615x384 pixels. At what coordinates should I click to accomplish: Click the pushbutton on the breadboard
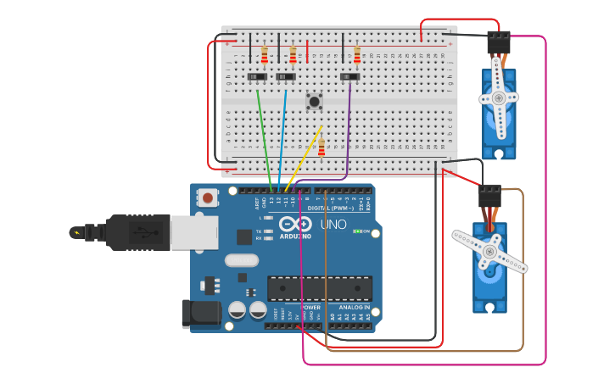pos(314,102)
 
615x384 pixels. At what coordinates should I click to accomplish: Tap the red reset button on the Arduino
pos(207,198)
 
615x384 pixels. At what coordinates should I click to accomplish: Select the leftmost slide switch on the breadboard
pos(257,77)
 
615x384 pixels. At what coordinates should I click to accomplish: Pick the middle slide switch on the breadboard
pos(286,77)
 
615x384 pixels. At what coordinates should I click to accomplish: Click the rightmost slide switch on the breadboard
pos(349,77)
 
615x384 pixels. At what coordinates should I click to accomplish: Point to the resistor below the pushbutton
pos(321,148)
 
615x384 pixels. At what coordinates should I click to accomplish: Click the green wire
pos(264,136)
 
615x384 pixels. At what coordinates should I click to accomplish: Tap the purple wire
pos(349,127)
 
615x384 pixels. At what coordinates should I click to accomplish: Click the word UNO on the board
pos(333,225)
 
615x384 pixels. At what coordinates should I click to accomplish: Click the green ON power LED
pos(357,231)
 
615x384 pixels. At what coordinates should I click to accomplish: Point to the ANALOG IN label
pos(355,308)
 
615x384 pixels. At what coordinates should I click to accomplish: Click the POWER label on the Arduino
pos(311,308)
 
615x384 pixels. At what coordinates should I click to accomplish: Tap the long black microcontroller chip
pos(320,288)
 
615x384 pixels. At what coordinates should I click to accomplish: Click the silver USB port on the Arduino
pos(193,232)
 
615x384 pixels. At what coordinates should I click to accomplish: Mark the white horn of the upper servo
pos(499,97)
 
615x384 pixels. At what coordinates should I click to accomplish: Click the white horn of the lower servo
pos(489,251)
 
